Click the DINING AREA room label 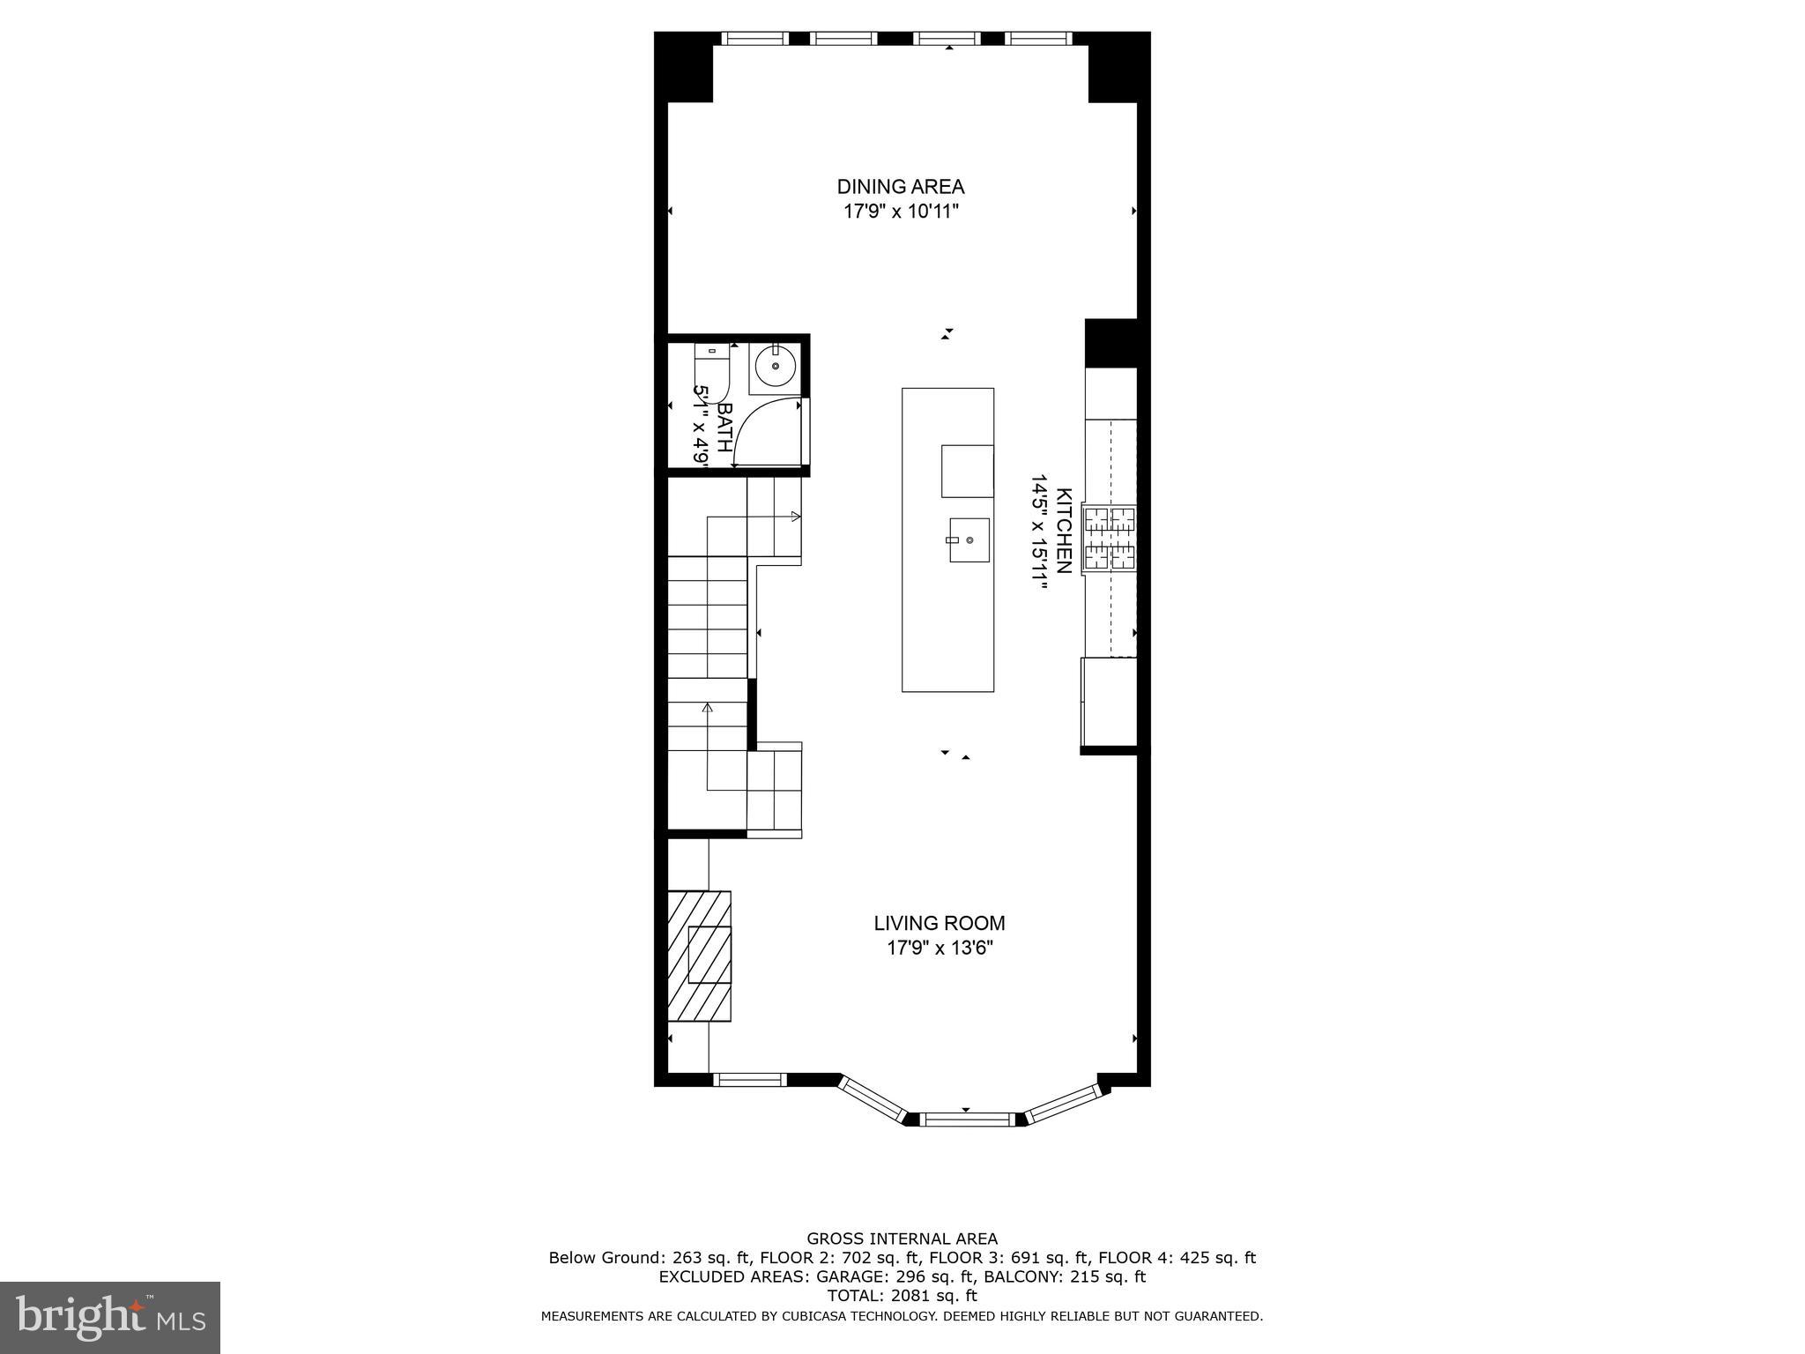(x=900, y=187)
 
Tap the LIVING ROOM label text (x=939, y=923)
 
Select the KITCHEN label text (x=1064, y=531)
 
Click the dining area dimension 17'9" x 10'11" (x=900, y=212)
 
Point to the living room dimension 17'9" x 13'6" (x=939, y=949)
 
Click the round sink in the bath (x=776, y=366)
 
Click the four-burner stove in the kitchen (x=1110, y=539)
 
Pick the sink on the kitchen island (x=969, y=539)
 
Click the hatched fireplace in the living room (x=700, y=956)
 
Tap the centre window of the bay (x=968, y=1120)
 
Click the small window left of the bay (x=749, y=1079)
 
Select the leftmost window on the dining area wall (x=754, y=39)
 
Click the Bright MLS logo (x=109, y=1317)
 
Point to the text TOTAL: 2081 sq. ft (x=902, y=1296)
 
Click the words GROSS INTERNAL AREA (x=902, y=1239)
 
